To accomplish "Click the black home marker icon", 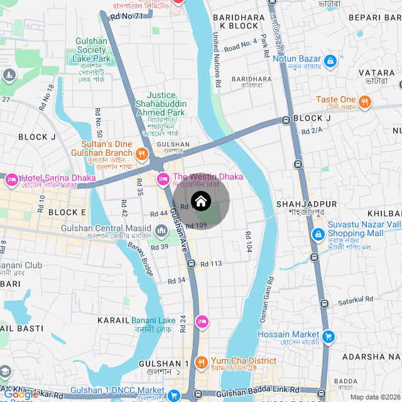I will pos(200,202).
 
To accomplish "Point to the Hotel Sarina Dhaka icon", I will pos(12,180).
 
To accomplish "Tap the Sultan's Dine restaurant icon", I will pos(143,153).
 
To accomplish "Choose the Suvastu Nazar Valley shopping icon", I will pos(318,234).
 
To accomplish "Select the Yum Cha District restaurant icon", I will pos(201,362).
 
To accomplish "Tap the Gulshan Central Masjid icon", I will pos(161,232).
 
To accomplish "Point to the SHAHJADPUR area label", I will pos(307,205).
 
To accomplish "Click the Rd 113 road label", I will pos(212,264).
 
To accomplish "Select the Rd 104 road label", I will pos(249,241).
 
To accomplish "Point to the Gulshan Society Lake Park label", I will pos(92,50).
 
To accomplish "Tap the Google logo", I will pos(21,394).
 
